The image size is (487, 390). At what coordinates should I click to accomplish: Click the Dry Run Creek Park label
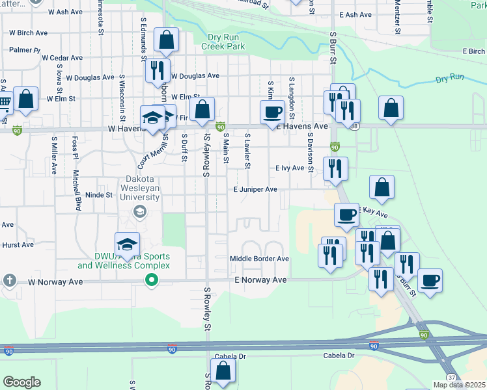click(223, 42)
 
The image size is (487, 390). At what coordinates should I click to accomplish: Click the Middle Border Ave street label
click(258, 259)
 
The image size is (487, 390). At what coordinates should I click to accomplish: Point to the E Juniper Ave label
click(256, 189)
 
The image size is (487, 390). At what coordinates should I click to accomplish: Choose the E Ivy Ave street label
click(290, 168)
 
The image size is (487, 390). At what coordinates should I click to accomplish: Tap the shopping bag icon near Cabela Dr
click(223, 371)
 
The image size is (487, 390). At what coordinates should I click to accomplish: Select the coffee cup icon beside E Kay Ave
click(346, 214)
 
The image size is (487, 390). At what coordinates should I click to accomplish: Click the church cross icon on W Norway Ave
click(9, 280)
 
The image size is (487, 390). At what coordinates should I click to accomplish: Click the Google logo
click(21, 382)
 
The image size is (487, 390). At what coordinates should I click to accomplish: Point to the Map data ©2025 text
click(459, 385)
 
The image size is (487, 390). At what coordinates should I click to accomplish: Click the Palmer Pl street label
click(24, 49)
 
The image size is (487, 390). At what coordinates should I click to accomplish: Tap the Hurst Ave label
click(18, 245)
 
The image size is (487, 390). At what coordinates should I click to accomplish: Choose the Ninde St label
click(100, 194)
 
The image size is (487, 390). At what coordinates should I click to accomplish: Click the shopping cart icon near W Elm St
click(4, 101)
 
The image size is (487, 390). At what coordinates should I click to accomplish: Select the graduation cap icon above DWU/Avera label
click(128, 244)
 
